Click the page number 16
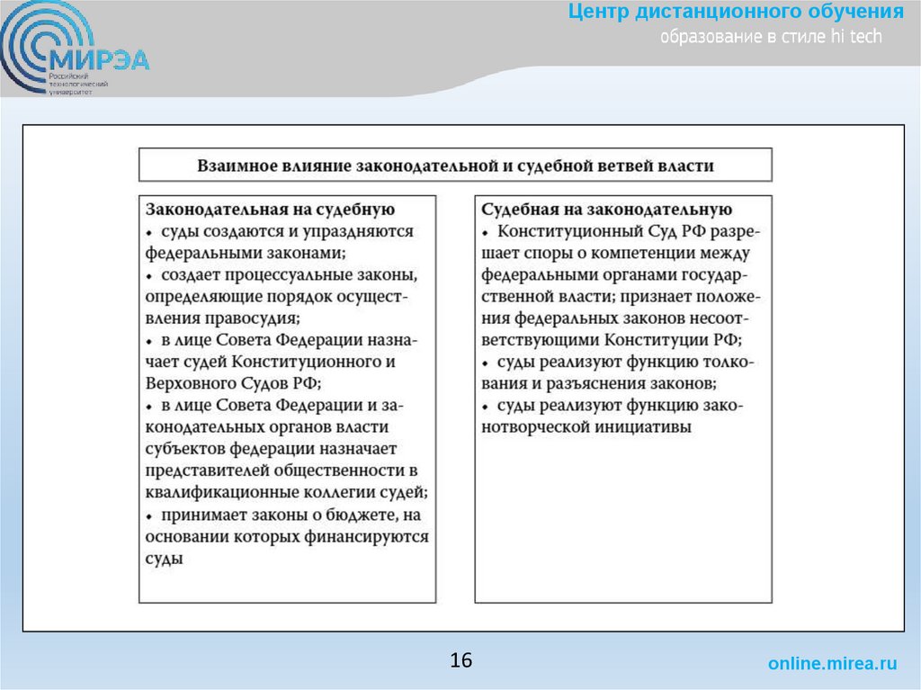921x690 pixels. pyautogui.click(x=460, y=660)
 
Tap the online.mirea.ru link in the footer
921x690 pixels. pyautogui.click(x=832, y=664)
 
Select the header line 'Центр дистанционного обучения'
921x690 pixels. pyautogui.click(x=736, y=13)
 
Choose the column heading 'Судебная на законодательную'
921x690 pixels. pyautogui.click(x=607, y=211)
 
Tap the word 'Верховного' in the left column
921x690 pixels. pyautogui.click(x=188, y=382)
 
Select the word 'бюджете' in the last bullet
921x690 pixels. pyautogui.click(x=352, y=515)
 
